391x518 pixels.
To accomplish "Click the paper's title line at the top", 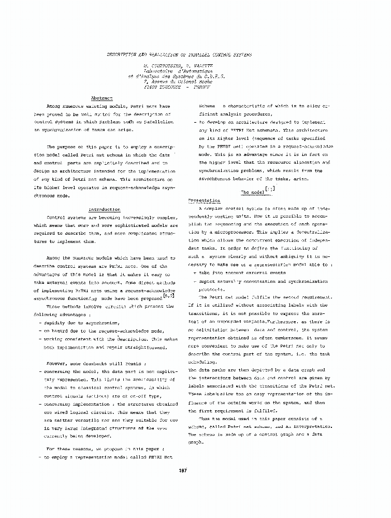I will pyautogui.click(x=179, y=54).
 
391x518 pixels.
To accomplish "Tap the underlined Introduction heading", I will pyautogui.click(x=105, y=209).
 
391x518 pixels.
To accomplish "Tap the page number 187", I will pyautogui.click(x=182, y=470).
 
